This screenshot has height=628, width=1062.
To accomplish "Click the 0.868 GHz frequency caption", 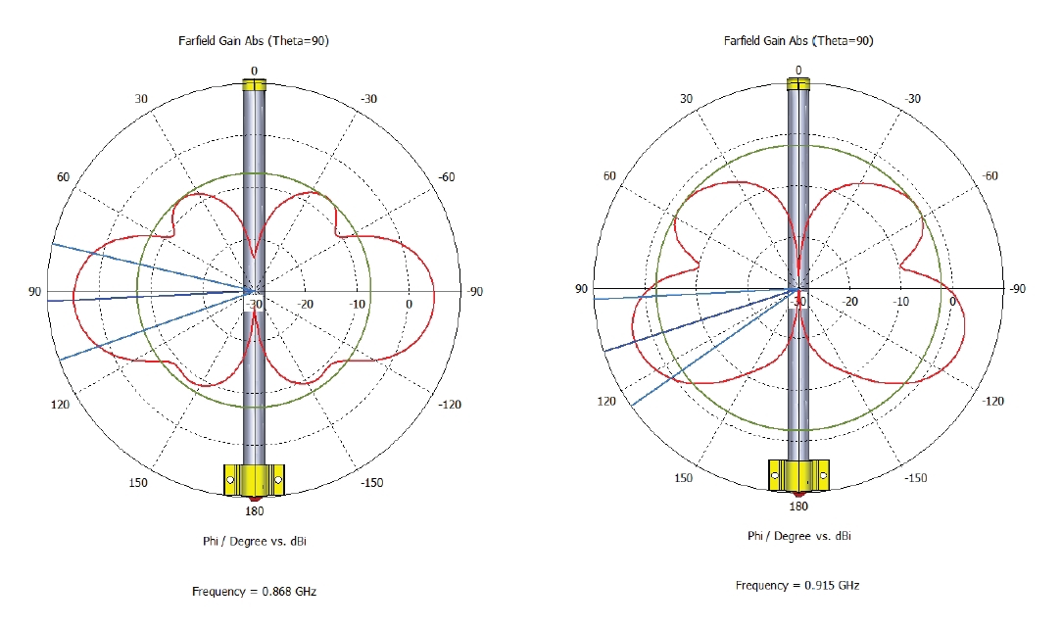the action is (x=254, y=592).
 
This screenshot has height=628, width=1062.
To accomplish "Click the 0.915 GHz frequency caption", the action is (x=797, y=585).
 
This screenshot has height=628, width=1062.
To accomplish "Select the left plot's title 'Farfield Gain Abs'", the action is (x=221, y=40).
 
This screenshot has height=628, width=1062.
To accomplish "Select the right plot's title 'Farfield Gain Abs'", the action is (x=766, y=40).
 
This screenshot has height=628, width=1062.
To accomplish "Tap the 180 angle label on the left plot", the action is (x=255, y=510).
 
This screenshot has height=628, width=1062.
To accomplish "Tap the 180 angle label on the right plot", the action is (x=798, y=507).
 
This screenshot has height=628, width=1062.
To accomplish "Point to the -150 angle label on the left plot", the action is (x=372, y=483).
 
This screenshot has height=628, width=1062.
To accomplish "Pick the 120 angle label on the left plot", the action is (x=61, y=405).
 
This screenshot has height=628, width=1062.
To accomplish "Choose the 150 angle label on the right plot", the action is (x=684, y=477).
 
